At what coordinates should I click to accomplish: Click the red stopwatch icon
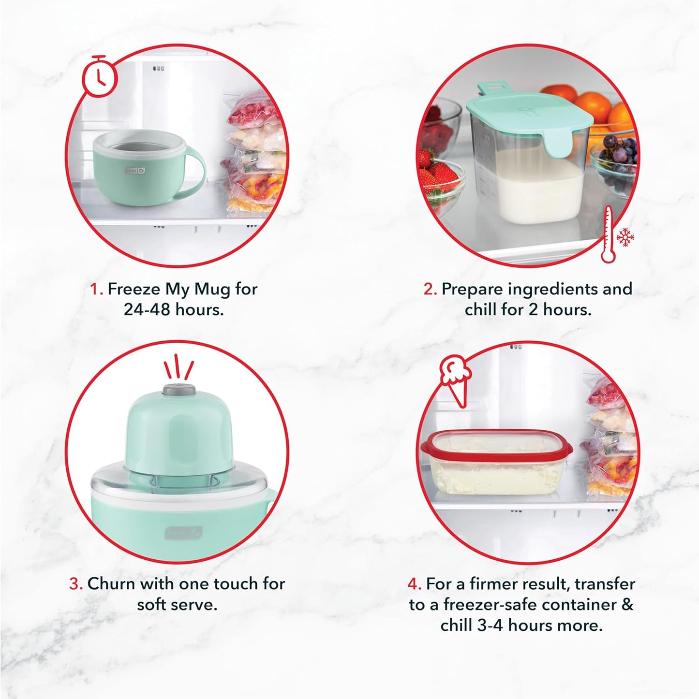pos(99,76)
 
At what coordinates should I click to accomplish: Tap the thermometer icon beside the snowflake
pos(609,235)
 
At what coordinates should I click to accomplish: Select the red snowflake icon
pos(625,237)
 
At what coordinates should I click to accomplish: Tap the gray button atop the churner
pos(179,389)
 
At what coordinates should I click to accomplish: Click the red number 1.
pos(96,290)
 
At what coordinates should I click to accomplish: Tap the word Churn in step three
pos(111,584)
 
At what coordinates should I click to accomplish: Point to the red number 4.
pos(414,584)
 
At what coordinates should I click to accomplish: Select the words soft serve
pos(177,605)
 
